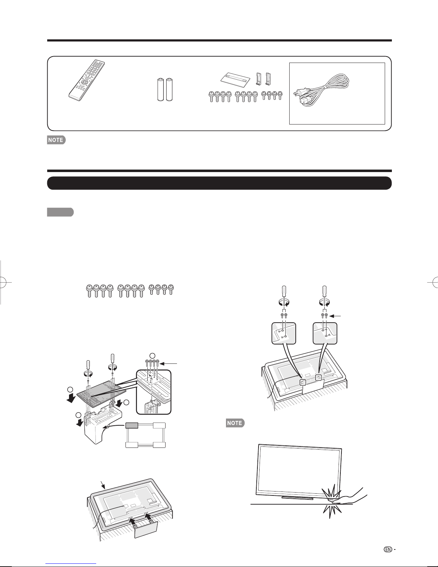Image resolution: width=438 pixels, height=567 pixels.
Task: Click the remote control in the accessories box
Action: (x=87, y=80)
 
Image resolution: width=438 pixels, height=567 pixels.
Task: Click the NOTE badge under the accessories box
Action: (x=56, y=140)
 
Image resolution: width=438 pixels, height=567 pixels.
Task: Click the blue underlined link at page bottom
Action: (x=71, y=564)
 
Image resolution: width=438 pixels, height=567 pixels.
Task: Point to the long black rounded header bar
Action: (x=219, y=183)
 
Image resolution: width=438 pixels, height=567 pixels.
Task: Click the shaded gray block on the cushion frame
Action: (x=132, y=426)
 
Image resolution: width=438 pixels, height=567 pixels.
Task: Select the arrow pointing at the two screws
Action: (x=335, y=316)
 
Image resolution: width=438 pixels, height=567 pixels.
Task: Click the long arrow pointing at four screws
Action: (x=169, y=363)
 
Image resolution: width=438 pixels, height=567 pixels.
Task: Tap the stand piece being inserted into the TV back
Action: (x=146, y=528)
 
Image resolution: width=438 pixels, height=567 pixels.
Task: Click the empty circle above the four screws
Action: (x=153, y=355)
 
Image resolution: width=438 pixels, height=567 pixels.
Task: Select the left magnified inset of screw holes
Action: (x=284, y=333)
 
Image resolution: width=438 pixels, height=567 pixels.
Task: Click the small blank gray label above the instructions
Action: (x=60, y=212)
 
